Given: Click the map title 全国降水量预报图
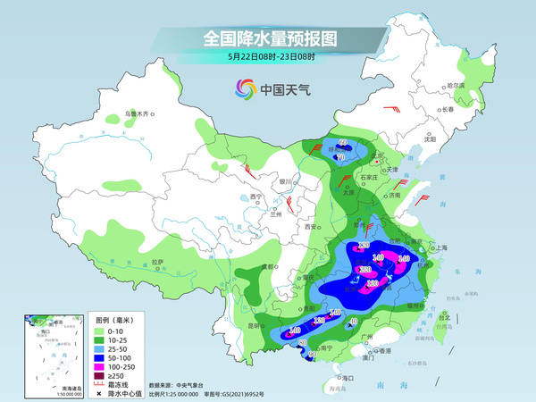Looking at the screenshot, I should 267,39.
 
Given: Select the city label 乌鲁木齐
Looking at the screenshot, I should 139,113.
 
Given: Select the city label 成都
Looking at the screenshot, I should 266,267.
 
